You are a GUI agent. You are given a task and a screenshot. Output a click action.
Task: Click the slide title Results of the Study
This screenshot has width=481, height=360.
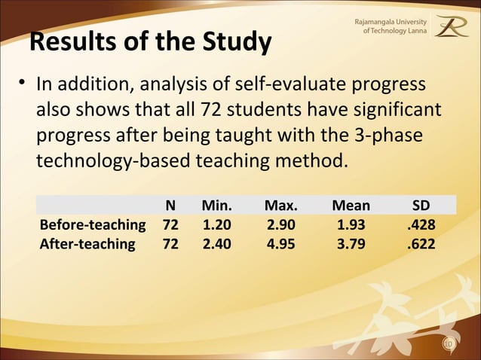click(150, 43)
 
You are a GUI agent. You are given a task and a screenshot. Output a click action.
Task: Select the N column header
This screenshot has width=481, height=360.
click(171, 206)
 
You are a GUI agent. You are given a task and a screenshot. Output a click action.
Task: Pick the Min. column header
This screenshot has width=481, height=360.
click(217, 206)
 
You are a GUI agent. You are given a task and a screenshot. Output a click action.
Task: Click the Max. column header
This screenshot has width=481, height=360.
click(280, 206)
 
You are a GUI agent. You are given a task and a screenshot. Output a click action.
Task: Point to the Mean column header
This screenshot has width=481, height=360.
click(351, 206)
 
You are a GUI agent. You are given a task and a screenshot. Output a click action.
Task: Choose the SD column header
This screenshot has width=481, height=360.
click(421, 206)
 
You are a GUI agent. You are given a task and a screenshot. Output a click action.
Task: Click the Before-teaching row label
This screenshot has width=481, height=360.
click(93, 224)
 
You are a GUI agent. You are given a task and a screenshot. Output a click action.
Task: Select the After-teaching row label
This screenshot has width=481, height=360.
click(87, 243)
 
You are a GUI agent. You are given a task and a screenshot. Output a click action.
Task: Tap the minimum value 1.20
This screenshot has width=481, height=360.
click(217, 224)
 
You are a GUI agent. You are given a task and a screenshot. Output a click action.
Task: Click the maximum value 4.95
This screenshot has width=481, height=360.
click(280, 243)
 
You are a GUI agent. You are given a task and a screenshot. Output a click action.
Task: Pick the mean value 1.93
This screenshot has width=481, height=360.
click(351, 224)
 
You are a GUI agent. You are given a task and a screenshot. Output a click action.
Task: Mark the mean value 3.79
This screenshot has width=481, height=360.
click(351, 243)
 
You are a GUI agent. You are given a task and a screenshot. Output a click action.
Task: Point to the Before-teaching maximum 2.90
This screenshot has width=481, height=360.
click(280, 224)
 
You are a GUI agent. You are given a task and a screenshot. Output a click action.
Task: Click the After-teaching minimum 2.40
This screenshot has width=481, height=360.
click(217, 243)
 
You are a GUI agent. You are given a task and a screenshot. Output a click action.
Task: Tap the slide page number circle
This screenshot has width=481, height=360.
click(449, 344)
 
